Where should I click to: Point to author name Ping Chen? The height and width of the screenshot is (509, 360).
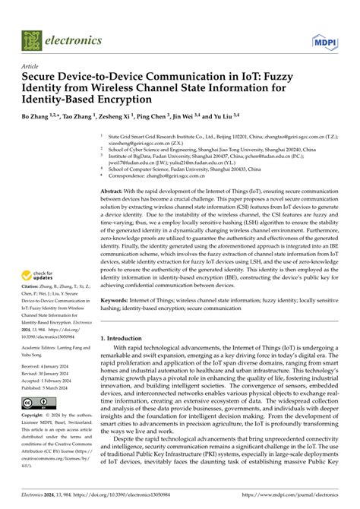(157, 119)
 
